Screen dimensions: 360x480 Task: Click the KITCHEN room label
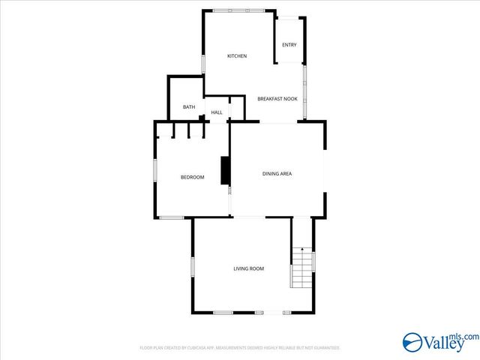pos(237,56)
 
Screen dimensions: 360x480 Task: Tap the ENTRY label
pos(289,45)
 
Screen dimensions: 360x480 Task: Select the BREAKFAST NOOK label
pos(277,99)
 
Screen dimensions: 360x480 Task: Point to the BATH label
pos(189,107)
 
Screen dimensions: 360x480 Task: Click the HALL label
pos(217,112)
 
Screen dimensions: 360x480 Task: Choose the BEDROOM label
pos(192,177)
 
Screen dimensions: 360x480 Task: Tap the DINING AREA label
pos(277,174)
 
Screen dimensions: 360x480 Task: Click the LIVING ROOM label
pos(248,268)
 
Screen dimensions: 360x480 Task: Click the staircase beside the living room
pos(301,271)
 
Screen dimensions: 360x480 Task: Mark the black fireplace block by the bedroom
pos(224,170)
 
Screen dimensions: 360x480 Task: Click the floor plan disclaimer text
pos(240,348)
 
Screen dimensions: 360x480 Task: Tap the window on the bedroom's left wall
pos(155,169)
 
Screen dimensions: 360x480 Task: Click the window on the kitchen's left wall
pos(203,64)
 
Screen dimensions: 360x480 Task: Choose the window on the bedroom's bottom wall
pos(172,217)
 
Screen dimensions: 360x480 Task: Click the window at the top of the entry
pos(288,17)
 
